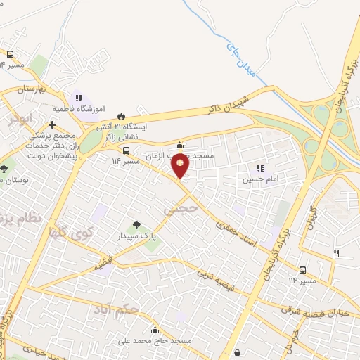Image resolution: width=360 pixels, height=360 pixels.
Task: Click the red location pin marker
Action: tap(181, 166)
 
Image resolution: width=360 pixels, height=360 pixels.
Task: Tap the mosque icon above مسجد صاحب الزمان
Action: tap(180, 146)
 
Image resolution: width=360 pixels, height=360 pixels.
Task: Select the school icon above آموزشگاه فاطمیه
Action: tap(78, 98)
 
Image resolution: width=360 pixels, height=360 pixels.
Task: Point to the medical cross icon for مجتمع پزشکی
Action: tap(53, 124)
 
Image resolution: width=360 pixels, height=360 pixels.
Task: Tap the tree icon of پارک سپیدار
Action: tap(136, 226)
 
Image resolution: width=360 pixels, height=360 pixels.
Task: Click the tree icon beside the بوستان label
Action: tap(4, 169)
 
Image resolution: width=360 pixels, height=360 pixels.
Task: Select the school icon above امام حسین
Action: tap(260, 168)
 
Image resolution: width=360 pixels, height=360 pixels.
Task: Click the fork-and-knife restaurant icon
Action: tap(336, 253)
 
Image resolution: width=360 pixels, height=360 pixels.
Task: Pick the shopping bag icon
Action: tap(238, 352)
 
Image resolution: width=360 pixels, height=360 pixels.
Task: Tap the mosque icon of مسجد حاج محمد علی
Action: tap(154, 330)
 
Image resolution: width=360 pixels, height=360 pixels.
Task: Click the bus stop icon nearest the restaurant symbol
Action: tap(302, 270)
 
